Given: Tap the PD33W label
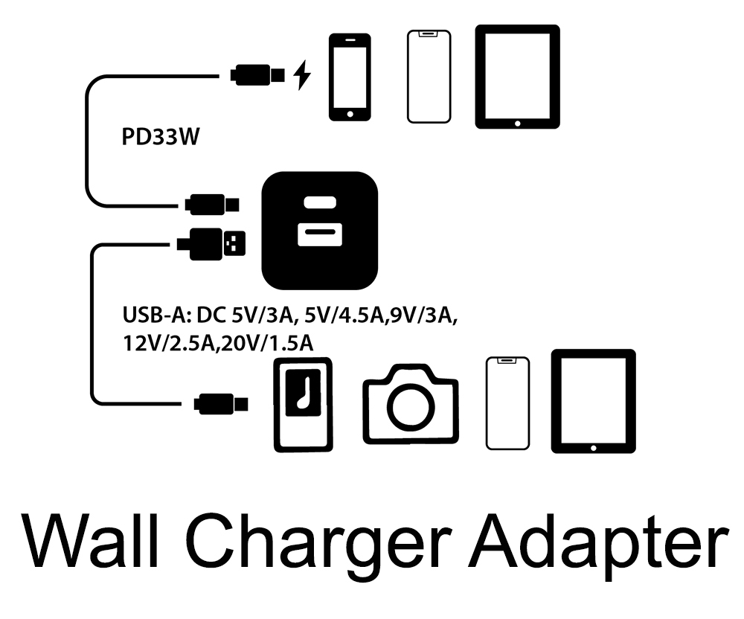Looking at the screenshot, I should click(159, 138).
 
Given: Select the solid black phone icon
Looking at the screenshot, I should click(350, 76).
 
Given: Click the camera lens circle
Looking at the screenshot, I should click(410, 405).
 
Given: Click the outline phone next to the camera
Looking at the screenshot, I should click(507, 403).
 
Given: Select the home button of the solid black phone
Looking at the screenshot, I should click(350, 112).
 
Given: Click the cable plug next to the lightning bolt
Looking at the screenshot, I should click(257, 75).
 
